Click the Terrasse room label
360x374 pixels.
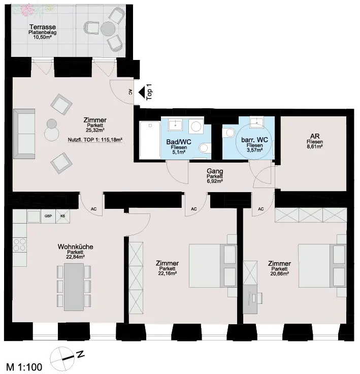coord(43,27)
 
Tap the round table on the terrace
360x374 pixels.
coord(108,29)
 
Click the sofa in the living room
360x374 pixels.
coord(24,134)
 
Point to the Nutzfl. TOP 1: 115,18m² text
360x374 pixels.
coord(95,140)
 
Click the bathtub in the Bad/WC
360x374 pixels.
coord(150,140)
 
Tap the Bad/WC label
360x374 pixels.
coord(179,142)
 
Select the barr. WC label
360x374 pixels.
coord(254,140)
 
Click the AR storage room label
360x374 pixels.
coord(315,136)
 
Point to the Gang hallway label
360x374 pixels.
coord(215,171)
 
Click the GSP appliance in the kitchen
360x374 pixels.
coord(48,216)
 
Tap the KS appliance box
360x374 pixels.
coord(62,216)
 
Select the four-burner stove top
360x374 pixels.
coord(20,245)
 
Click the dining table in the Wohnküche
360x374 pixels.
coord(74,287)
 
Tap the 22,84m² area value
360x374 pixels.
coord(75,257)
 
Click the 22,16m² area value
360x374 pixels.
coord(167,273)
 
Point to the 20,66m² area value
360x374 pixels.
coord(279,274)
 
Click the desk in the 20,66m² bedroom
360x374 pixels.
coord(250,299)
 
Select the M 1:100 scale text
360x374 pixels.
coord(24,367)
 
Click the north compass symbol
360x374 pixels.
coord(61,358)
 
